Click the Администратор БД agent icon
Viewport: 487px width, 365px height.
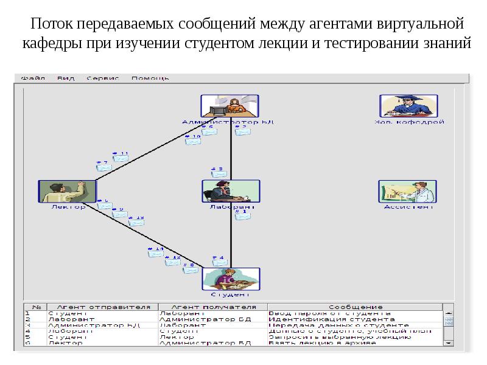[229, 106]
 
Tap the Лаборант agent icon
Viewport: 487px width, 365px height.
[230, 190]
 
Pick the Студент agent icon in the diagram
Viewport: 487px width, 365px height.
[230, 278]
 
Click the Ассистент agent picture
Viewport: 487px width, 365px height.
[407, 190]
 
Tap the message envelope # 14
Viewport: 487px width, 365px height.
[156, 254]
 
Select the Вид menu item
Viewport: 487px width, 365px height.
[66, 78]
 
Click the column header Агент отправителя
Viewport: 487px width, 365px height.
[103, 307]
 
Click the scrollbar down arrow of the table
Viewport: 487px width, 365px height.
[449, 342]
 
